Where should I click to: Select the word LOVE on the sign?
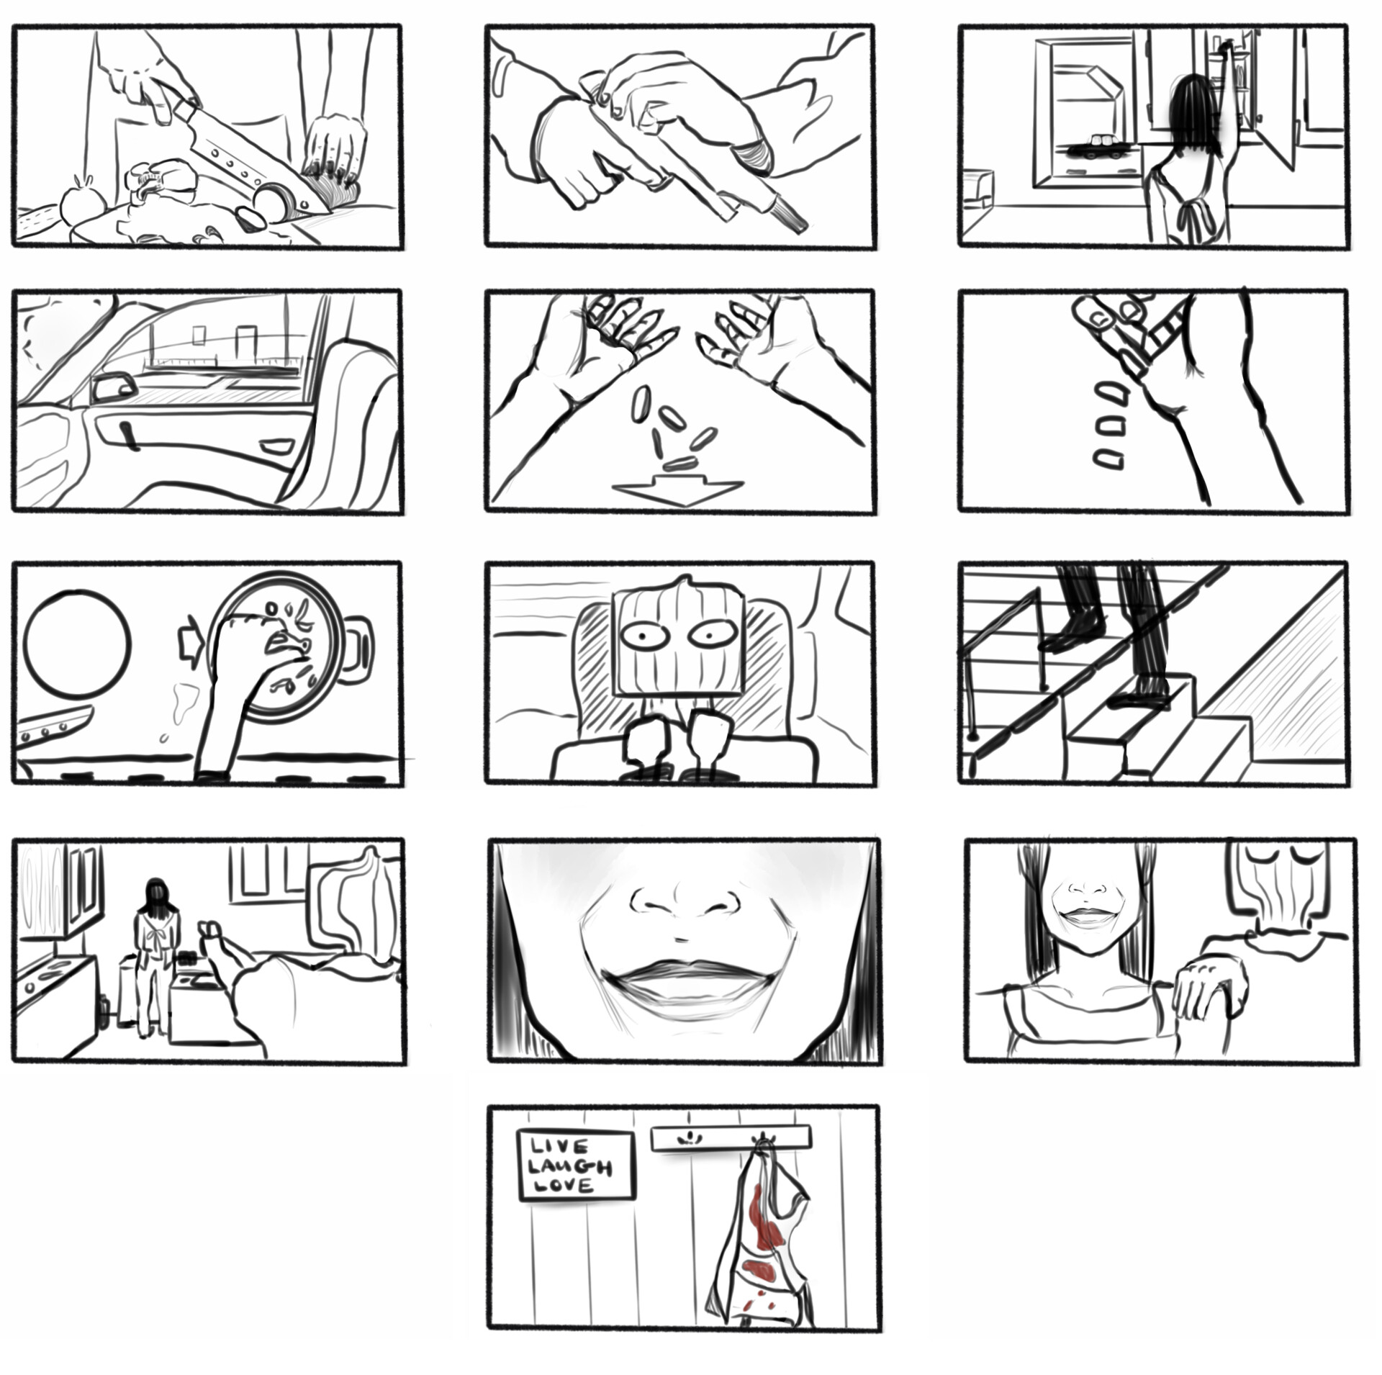(x=561, y=1186)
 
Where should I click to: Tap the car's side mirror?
(x=113, y=387)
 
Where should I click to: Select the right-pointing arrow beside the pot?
(x=191, y=639)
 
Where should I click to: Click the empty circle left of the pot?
(x=77, y=643)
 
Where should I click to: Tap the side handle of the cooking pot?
(x=359, y=649)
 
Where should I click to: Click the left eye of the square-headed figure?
(x=643, y=636)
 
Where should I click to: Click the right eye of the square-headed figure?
(x=712, y=634)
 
